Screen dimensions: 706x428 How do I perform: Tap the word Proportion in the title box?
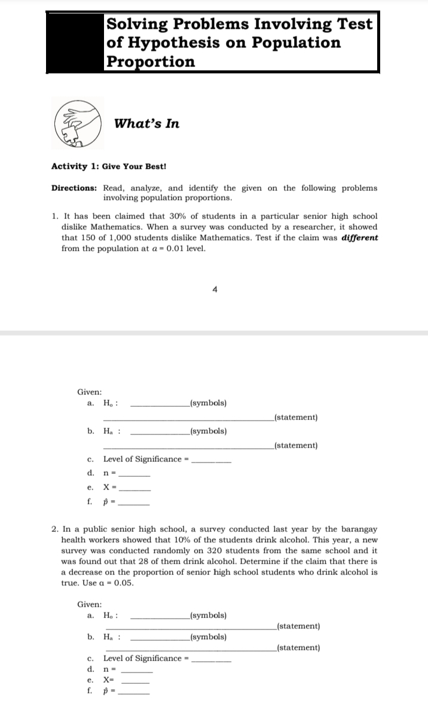tap(150, 62)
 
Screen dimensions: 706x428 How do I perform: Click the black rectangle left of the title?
tap(75, 41)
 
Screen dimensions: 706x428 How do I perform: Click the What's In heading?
tap(146, 124)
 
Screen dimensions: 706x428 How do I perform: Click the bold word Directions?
tap(74, 188)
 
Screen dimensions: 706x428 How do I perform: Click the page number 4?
tap(214, 290)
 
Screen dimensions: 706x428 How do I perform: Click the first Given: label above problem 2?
tap(89, 392)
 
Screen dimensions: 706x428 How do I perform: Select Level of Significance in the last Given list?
tap(142, 658)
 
